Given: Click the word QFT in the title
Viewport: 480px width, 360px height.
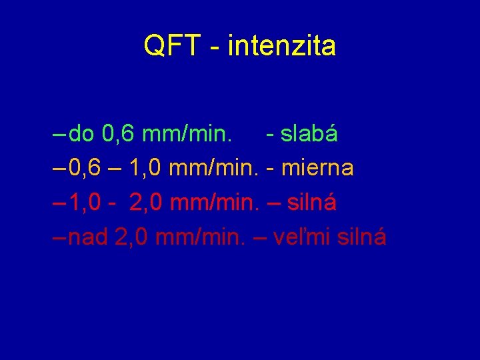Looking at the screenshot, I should [x=171, y=46].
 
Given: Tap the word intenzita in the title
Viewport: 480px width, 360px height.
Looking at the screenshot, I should [x=281, y=46].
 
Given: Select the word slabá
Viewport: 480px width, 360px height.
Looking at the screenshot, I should [x=309, y=134].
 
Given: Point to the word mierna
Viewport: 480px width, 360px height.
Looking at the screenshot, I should [x=317, y=168].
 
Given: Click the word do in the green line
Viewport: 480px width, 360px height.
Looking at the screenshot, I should [x=81, y=134].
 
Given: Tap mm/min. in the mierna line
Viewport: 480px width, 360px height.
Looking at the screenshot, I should [x=214, y=168].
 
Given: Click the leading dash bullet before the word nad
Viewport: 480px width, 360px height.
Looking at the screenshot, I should [x=58, y=237].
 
